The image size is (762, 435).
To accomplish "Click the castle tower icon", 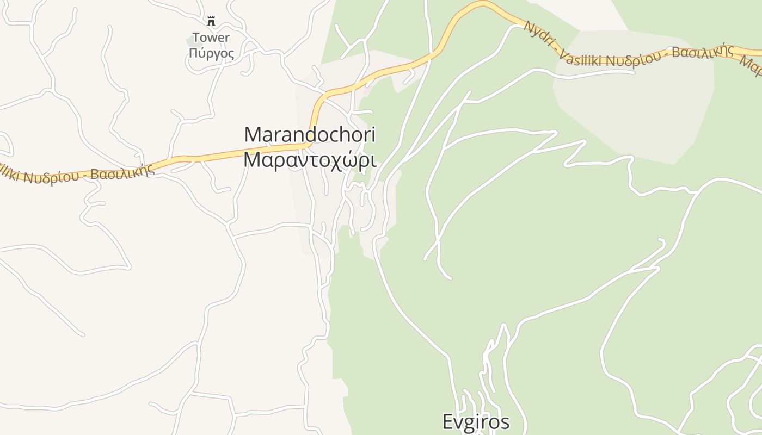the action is tap(211, 21).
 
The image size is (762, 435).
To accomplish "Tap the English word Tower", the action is tap(211, 38).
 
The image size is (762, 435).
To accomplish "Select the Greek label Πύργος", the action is tap(212, 53).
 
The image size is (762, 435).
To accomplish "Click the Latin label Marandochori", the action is tap(310, 135).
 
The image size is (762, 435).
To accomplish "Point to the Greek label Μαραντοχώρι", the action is tap(310, 160).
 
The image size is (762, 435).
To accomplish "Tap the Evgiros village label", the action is tap(476, 422).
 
